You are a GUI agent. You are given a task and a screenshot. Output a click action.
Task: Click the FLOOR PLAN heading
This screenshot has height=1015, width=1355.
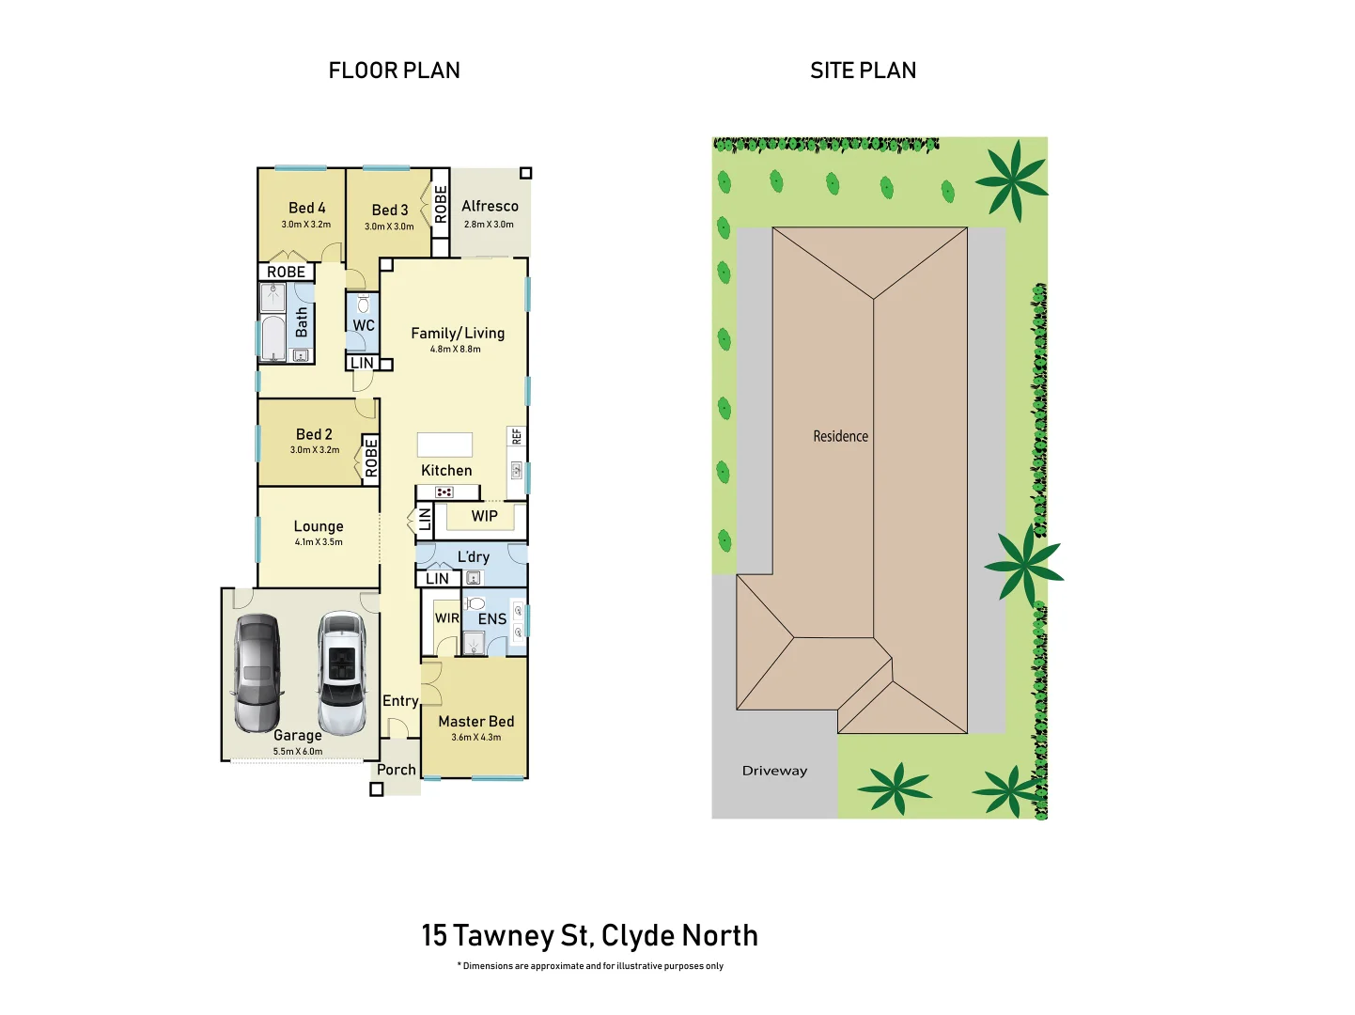[x=394, y=70]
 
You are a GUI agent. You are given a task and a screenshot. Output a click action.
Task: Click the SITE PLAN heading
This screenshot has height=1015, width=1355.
[x=863, y=70]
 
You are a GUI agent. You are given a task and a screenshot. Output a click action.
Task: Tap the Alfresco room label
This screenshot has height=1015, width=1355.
[x=490, y=206]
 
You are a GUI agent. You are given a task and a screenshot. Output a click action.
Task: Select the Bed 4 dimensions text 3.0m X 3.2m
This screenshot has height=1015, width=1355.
[x=306, y=225]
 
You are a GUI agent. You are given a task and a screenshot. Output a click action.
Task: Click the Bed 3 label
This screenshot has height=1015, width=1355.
[x=390, y=211]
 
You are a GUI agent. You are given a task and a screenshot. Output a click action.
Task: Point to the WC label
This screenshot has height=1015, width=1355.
[x=364, y=325]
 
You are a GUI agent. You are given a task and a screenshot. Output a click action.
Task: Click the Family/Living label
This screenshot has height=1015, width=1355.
[x=458, y=333]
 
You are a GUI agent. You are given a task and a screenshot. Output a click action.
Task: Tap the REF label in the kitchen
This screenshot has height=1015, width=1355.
[x=517, y=436]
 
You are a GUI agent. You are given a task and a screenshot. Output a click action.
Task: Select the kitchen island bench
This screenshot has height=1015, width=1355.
[x=444, y=445]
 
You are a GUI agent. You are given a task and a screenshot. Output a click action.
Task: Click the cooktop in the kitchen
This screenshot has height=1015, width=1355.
[x=444, y=492]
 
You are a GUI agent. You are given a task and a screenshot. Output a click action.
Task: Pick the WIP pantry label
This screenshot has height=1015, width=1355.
[x=485, y=516]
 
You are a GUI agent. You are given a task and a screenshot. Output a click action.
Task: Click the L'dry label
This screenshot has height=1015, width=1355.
[x=474, y=556]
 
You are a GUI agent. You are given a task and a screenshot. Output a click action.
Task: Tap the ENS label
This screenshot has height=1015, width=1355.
[x=492, y=619]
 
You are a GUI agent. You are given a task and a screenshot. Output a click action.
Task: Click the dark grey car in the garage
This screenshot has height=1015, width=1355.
[x=257, y=672]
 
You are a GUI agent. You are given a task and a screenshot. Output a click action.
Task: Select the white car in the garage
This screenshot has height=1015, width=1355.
[x=342, y=672]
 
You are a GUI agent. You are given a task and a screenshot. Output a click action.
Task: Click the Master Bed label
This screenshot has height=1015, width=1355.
[x=476, y=722]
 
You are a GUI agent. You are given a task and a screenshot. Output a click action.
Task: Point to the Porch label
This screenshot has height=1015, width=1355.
[x=397, y=770]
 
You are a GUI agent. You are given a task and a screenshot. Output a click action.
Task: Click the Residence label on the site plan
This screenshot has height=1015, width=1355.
[x=841, y=436]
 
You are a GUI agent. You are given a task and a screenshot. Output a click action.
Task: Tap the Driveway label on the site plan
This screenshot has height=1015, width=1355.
[x=774, y=771]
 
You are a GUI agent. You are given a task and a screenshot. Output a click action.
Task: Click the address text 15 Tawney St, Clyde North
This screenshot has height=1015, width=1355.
[x=589, y=935]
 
